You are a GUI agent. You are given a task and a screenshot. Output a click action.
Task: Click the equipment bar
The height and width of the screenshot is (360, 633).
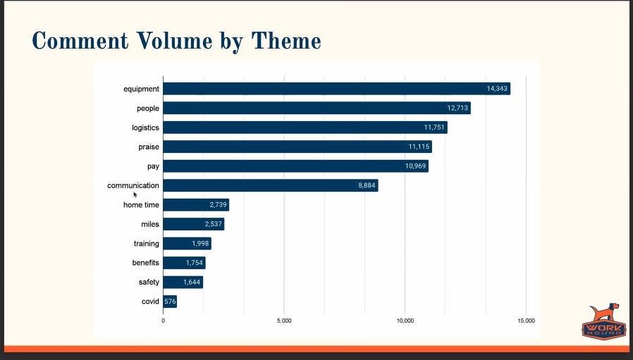336,89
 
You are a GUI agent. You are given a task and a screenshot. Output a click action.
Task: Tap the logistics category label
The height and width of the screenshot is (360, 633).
145,128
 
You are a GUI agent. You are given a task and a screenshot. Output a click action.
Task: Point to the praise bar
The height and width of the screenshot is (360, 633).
297,147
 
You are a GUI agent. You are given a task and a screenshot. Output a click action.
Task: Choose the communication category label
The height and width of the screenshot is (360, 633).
133,185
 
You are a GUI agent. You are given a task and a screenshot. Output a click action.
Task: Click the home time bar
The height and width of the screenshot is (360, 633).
196,205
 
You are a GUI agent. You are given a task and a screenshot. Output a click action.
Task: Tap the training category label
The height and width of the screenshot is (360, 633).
147,244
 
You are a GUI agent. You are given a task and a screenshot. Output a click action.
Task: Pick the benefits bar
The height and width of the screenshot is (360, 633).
184,263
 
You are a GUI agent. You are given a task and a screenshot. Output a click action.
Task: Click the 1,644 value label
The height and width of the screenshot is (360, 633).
192,283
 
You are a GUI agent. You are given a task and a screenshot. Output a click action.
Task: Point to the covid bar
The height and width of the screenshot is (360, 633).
170,302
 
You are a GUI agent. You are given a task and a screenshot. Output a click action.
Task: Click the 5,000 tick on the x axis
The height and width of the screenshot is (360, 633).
284,321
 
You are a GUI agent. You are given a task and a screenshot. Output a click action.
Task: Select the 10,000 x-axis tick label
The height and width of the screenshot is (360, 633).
405,321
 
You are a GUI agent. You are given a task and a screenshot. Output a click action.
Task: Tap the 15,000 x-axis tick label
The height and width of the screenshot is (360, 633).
526,321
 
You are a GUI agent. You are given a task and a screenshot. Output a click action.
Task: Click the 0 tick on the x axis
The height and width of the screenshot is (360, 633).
164,321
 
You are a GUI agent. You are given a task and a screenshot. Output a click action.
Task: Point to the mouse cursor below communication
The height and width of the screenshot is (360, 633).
135,195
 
